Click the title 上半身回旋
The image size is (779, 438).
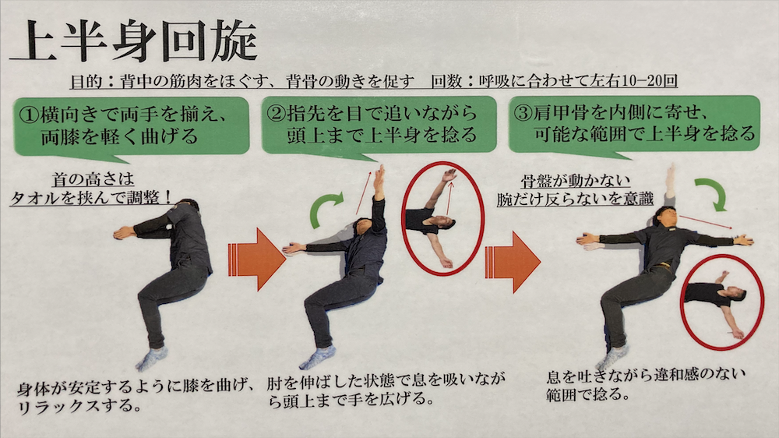pyautogui.click(x=133, y=41)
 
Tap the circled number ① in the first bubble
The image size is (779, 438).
pyautogui.click(x=29, y=115)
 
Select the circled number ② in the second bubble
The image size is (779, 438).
pyautogui.click(x=277, y=113)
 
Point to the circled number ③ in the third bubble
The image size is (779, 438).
pyautogui.click(x=523, y=113)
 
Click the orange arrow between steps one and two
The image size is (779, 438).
pyautogui.click(x=256, y=259)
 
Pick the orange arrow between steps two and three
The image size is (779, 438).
pyautogui.click(x=513, y=262)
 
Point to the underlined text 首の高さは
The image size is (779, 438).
pyautogui.click(x=93, y=179)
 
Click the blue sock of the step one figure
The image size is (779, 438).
pyautogui.click(x=151, y=359)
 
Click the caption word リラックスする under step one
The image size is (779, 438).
pyautogui.click(x=79, y=406)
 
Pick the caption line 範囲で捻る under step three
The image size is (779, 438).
pyautogui.click(x=587, y=395)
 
